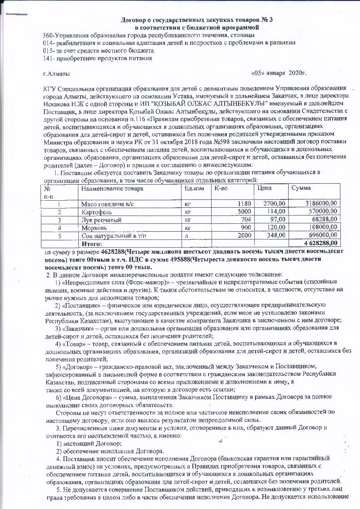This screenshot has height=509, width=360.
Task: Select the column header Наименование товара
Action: pos(112,189)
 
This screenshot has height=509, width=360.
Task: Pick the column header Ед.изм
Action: pos(194,189)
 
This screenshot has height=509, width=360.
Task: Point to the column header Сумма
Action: pos(301,189)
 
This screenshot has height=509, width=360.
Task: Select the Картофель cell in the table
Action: pos(97,212)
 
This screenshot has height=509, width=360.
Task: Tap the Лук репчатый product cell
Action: pos(101,219)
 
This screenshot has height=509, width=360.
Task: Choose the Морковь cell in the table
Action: pos(94,227)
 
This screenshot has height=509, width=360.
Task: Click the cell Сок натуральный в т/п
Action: pos(111,235)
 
